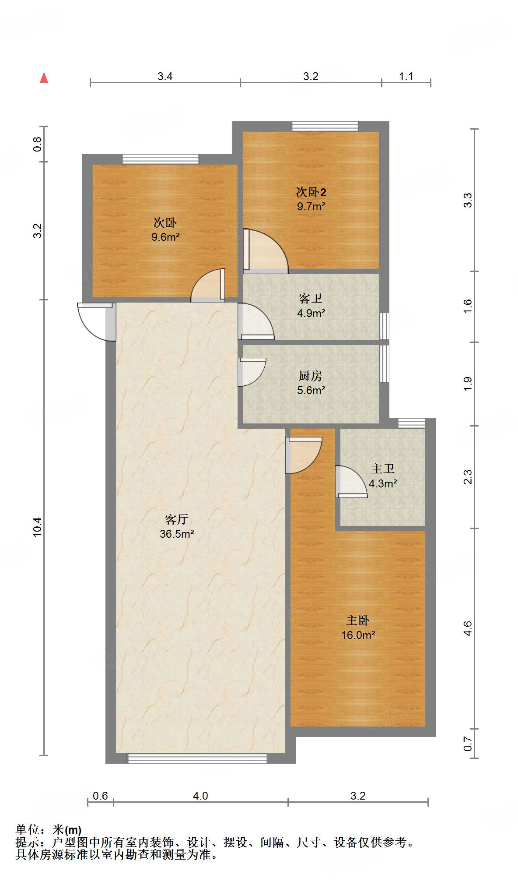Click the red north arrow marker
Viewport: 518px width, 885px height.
point(44,78)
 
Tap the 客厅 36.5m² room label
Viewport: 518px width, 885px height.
point(177,526)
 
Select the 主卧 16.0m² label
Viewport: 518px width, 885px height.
point(358,627)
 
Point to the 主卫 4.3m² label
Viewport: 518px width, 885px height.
point(383,476)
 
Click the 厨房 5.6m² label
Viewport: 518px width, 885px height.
point(311,383)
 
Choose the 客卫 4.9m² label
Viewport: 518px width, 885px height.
point(311,306)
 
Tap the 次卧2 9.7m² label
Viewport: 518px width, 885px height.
point(311,199)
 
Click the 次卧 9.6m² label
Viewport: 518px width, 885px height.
point(165,229)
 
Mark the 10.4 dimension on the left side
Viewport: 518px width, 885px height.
point(37,527)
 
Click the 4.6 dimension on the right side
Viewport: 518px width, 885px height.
point(468,628)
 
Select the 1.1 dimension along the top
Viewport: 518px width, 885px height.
point(406,77)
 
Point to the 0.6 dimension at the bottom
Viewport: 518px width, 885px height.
point(100,796)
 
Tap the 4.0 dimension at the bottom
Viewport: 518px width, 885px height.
point(200,796)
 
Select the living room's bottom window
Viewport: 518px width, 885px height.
point(197,758)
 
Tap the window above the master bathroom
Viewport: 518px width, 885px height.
point(412,423)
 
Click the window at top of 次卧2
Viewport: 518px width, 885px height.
point(325,127)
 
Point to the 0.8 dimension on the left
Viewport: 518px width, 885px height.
point(37,144)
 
